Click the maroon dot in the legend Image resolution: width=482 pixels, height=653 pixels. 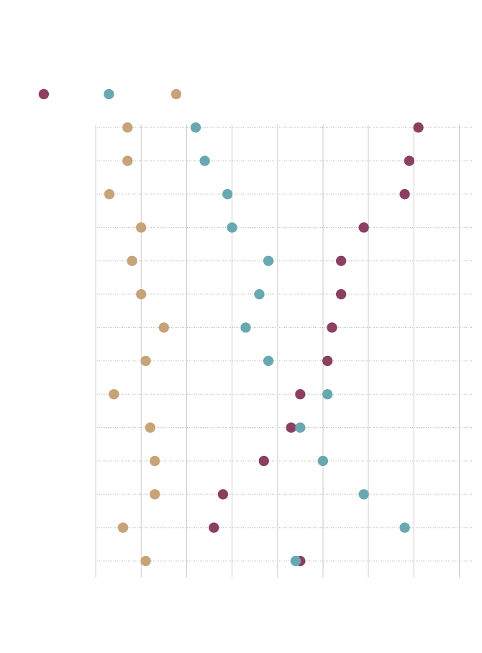(44, 94)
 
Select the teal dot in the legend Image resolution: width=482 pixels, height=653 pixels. (109, 94)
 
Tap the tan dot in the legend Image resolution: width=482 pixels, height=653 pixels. (176, 94)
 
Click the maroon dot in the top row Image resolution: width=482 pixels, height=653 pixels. (418, 127)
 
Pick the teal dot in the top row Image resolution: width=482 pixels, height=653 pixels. (196, 127)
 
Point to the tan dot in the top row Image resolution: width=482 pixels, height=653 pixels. (127, 127)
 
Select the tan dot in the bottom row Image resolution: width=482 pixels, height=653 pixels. (146, 561)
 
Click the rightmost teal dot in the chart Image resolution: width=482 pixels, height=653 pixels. (404, 528)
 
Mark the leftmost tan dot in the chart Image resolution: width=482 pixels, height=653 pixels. (109, 194)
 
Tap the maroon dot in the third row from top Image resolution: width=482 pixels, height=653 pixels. (404, 194)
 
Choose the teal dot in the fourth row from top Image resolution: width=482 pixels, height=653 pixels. (232, 227)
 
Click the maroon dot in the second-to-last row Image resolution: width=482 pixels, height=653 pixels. (214, 528)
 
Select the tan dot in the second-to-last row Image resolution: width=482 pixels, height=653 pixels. (123, 528)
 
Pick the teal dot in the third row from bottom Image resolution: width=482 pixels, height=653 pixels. (363, 494)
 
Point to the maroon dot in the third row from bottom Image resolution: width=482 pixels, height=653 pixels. (223, 494)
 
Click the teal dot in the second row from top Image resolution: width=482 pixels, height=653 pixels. (204, 161)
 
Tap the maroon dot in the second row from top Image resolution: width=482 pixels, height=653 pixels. (409, 161)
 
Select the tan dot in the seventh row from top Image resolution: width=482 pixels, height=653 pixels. (164, 327)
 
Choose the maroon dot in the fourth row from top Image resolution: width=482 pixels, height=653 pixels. (363, 227)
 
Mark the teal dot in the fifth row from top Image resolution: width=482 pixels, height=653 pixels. (268, 261)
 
